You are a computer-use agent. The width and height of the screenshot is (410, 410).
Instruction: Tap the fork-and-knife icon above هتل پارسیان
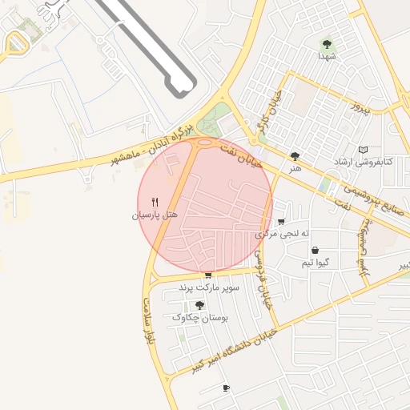[156, 203]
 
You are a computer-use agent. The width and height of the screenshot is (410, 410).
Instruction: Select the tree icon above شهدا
[326, 44]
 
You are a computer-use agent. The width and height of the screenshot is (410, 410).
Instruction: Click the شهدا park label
[326, 56]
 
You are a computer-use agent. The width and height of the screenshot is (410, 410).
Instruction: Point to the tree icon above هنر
[296, 156]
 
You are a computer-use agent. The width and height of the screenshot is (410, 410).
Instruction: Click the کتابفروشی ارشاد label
[364, 163]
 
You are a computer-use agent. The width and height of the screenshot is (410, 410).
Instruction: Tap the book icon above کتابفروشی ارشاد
[364, 150]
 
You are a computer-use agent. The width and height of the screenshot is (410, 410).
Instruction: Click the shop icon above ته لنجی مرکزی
[280, 223]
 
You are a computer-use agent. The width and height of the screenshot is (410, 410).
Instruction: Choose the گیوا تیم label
[316, 263]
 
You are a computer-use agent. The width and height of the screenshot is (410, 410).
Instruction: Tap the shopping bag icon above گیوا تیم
[316, 251]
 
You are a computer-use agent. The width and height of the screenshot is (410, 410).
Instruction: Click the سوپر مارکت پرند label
[207, 287]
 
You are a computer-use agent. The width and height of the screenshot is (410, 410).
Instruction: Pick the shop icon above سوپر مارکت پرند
[208, 275]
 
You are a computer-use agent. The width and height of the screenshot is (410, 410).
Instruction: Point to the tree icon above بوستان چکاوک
[199, 305]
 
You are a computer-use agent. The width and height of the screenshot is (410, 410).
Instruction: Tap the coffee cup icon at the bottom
[226, 388]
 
